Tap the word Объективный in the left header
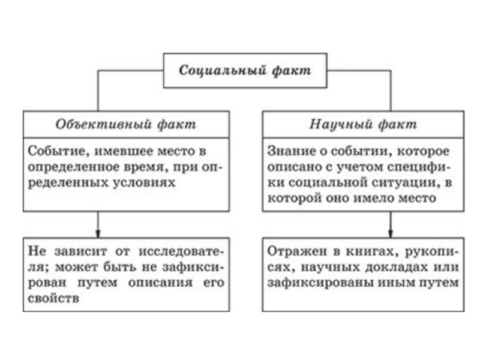[104, 124]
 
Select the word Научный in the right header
[340, 124]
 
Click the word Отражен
[297, 251]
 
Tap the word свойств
[53, 298]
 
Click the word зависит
[81, 251]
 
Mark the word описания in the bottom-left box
[160, 283]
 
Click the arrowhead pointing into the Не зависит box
[98, 233]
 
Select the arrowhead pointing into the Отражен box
[391, 233]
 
